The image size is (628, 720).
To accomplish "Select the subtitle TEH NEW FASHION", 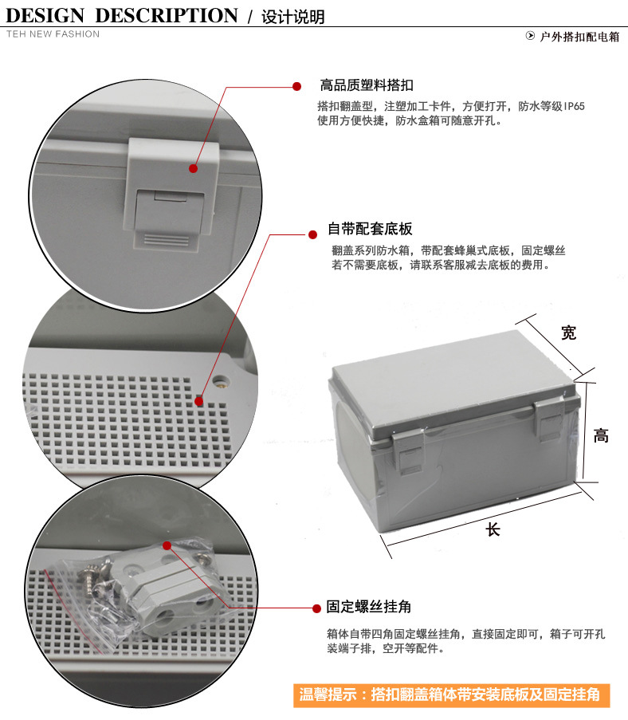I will pyautogui.click(x=53, y=34).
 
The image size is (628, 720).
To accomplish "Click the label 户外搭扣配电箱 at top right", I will pyautogui.click(x=579, y=37).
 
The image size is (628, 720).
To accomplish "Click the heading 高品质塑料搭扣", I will pyautogui.click(x=367, y=85).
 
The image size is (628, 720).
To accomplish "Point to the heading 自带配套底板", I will pyautogui.click(x=371, y=230).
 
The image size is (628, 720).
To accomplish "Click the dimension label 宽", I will pyautogui.click(x=568, y=332).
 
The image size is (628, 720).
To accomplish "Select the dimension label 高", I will pyautogui.click(x=602, y=435).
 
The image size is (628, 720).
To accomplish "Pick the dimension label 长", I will pyautogui.click(x=494, y=529).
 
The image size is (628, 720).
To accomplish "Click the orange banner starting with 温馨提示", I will pyautogui.click(x=450, y=694).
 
